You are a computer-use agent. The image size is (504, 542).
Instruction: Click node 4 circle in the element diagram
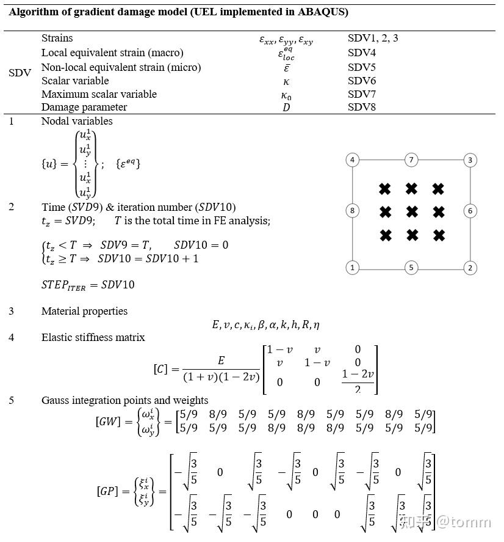[x=352, y=160]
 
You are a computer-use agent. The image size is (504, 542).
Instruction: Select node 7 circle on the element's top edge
[x=411, y=160]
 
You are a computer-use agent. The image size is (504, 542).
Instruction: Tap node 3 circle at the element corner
[x=470, y=160]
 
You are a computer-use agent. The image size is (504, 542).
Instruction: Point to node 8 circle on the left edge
[x=352, y=211]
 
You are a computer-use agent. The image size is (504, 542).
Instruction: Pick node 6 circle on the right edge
[x=470, y=211]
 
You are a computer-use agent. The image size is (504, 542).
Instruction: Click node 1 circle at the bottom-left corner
[x=352, y=267]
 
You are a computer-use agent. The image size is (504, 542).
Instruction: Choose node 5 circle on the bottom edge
[x=411, y=267]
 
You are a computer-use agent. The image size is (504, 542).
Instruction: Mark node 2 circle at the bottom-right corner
[x=470, y=267]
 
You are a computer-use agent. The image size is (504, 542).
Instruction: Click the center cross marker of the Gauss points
[x=412, y=212]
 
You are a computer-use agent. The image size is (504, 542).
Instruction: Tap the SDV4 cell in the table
[x=362, y=53]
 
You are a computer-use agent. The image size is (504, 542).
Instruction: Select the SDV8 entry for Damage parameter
[x=362, y=108]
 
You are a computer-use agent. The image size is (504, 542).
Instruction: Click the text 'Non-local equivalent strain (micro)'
[x=121, y=67]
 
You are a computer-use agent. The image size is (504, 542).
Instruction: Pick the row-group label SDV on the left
[x=20, y=73]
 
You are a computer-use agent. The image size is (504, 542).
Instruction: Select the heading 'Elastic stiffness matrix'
[x=93, y=337]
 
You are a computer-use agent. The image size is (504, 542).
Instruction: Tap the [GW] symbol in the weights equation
[x=108, y=422]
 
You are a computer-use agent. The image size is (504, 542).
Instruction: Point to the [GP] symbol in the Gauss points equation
[x=107, y=491]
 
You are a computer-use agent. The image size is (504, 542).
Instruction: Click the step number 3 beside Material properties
[x=12, y=311]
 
